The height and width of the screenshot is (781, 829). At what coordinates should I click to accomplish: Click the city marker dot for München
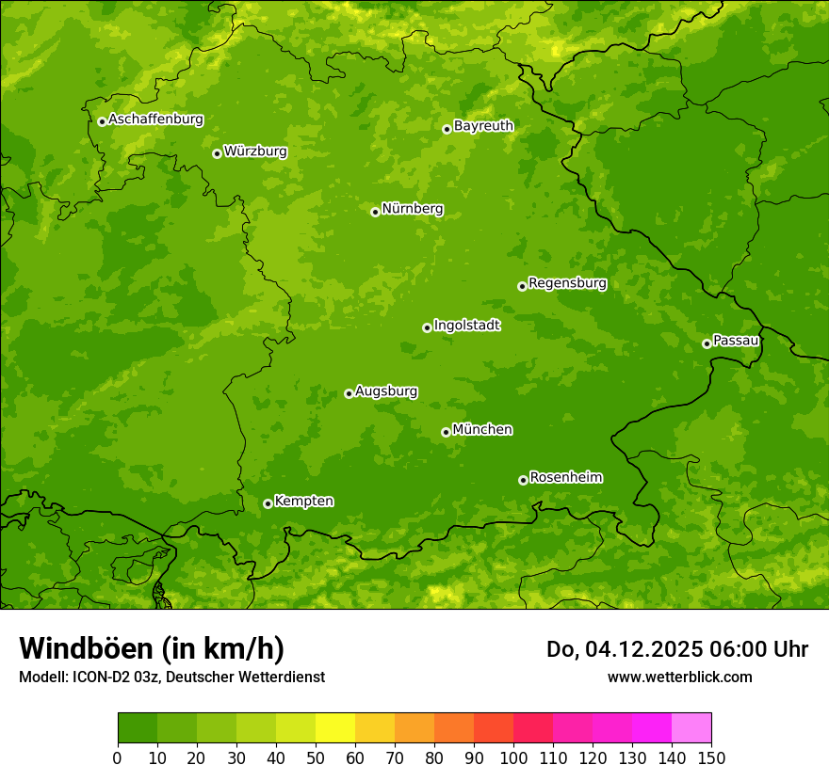(x=446, y=432)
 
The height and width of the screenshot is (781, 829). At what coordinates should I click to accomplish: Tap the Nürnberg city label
(x=412, y=209)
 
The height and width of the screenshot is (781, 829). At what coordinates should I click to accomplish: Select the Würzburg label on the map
(x=255, y=151)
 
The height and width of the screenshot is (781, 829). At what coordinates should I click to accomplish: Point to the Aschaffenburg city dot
(x=102, y=121)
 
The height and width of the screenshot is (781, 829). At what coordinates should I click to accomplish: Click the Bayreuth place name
(x=483, y=126)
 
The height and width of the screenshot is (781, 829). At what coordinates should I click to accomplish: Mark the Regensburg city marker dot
(x=522, y=286)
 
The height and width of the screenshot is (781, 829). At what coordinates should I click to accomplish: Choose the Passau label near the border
(x=736, y=341)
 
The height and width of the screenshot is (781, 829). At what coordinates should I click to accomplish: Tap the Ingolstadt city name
(x=466, y=326)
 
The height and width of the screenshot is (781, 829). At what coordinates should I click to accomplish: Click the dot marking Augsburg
(x=349, y=393)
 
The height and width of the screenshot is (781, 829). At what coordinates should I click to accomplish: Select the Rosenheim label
(x=565, y=478)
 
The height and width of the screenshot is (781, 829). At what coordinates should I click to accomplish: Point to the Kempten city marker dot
(x=268, y=503)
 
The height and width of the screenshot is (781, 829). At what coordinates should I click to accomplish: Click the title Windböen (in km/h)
(x=152, y=648)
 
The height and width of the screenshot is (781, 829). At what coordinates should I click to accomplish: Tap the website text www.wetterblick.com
(x=679, y=677)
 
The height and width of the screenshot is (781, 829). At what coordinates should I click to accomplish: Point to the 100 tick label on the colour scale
(x=513, y=757)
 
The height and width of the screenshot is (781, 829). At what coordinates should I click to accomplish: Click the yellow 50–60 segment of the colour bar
(x=335, y=728)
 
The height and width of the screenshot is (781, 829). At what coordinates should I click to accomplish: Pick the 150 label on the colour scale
(x=711, y=757)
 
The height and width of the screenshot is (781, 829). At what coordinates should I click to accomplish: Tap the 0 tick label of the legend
(x=118, y=757)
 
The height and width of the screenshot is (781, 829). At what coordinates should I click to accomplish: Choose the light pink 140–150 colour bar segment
(x=691, y=728)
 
